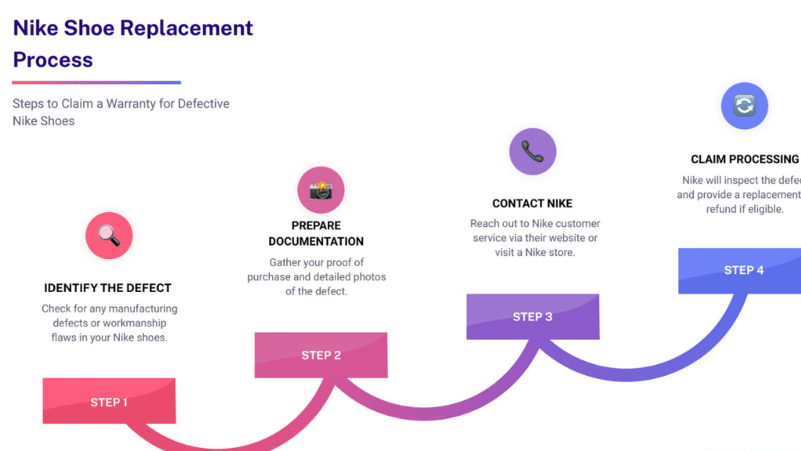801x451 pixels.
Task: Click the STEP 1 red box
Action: [x=109, y=402]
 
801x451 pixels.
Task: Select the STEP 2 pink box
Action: [x=321, y=355]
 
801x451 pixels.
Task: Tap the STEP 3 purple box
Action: [x=533, y=317]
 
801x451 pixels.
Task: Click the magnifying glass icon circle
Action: [x=109, y=236]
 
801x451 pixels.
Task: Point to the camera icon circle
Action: [x=321, y=190]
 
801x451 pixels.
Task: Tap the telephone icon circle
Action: [x=533, y=151]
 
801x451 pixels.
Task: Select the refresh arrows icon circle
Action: [x=744, y=106]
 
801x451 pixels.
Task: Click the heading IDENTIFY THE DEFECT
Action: [x=108, y=288]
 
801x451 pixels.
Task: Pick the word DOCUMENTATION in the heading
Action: [x=317, y=241]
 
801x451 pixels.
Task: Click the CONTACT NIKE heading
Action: [x=533, y=204]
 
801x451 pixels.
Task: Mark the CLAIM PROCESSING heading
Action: [x=745, y=159]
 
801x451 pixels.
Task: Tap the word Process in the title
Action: [x=53, y=60]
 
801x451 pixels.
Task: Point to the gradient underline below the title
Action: [x=96, y=82]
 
